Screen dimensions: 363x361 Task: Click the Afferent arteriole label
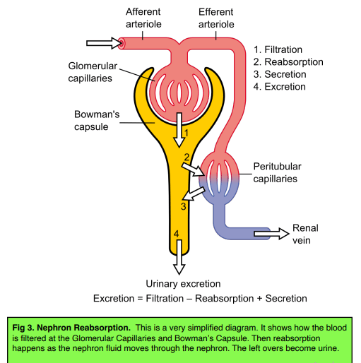[x=143, y=18]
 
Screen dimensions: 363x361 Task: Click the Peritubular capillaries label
[x=278, y=172]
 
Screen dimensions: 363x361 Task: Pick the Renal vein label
[x=305, y=234]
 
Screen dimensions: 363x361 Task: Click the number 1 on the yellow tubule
[x=185, y=132]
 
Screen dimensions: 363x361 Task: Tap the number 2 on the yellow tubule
[x=187, y=157]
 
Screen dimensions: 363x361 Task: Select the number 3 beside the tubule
[x=183, y=206]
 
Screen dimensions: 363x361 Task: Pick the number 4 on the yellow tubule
[x=176, y=234]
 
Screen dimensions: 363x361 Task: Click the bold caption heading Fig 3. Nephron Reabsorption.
[x=71, y=328]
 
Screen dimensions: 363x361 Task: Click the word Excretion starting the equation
[x=117, y=298]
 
